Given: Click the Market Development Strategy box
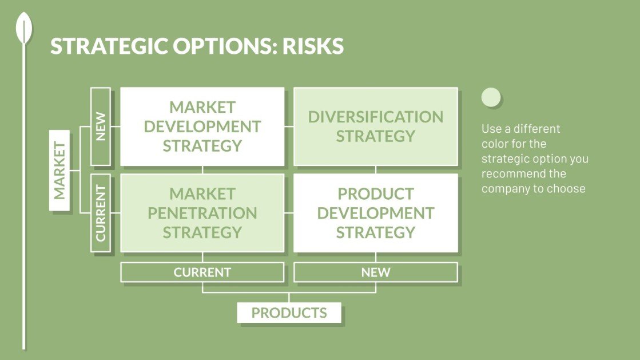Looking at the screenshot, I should pyautogui.click(x=202, y=126).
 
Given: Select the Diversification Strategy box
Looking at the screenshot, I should pyautogui.click(x=375, y=126).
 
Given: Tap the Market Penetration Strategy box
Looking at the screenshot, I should pyautogui.click(x=202, y=213).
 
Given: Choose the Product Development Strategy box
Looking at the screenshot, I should pyautogui.click(x=375, y=213).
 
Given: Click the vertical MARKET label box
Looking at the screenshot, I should pyautogui.click(x=59, y=170).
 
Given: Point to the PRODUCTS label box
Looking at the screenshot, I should pyautogui.click(x=289, y=313).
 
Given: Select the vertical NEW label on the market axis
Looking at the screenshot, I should pyautogui.click(x=101, y=126).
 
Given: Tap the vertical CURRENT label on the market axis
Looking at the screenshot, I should pyautogui.click(x=101, y=213).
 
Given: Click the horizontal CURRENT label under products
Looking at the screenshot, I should pyautogui.click(x=202, y=272).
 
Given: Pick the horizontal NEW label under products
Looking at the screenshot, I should pyautogui.click(x=375, y=272).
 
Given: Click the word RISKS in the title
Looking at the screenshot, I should pyautogui.click(x=313, y=46).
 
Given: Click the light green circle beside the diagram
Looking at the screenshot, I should pyautogui.click(x=491, y=97).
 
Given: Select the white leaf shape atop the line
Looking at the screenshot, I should pyautogui.click(x=24, y=29).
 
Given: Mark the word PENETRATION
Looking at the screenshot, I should pyautogui.click(x=202, y=213).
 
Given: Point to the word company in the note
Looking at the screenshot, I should pyautogui.click(x=506, y=188).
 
